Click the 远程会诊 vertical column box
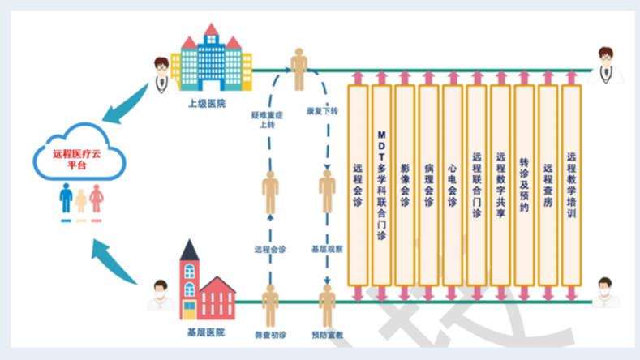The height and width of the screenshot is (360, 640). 358,185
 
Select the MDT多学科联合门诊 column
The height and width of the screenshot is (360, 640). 381,185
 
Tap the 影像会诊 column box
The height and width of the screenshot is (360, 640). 405,185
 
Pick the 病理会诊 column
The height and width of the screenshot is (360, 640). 428,185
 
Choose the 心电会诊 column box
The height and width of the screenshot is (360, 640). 453,185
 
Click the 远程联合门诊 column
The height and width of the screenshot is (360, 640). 476,185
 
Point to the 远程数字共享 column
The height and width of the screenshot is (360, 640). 500,185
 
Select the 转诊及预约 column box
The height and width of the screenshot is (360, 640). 524,185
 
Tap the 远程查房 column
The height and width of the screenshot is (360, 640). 548,185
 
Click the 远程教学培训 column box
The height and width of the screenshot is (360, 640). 571,185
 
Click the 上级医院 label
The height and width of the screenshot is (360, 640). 207,105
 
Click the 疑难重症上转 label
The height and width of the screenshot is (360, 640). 267,121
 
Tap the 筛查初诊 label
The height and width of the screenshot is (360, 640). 270,332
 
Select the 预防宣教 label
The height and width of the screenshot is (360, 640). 327,332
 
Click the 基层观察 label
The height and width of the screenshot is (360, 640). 327,249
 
